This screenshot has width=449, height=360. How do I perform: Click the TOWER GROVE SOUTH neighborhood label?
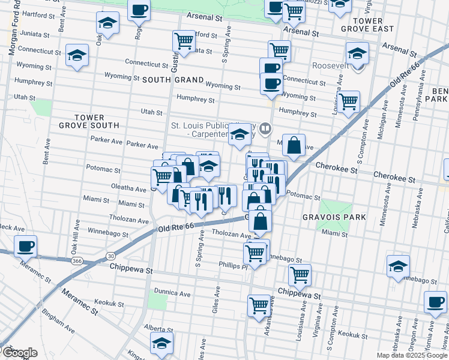click(89, 121)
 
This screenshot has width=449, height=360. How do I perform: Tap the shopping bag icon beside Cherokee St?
click(294, 146)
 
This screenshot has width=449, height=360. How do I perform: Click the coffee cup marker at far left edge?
click(26, 247)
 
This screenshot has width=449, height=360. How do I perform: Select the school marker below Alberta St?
click(161, 344)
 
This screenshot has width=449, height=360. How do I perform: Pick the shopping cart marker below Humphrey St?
click(348, 102)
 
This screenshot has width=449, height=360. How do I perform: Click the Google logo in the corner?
click(19, 353)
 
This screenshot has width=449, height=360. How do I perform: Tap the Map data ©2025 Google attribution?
click(411, 355)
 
